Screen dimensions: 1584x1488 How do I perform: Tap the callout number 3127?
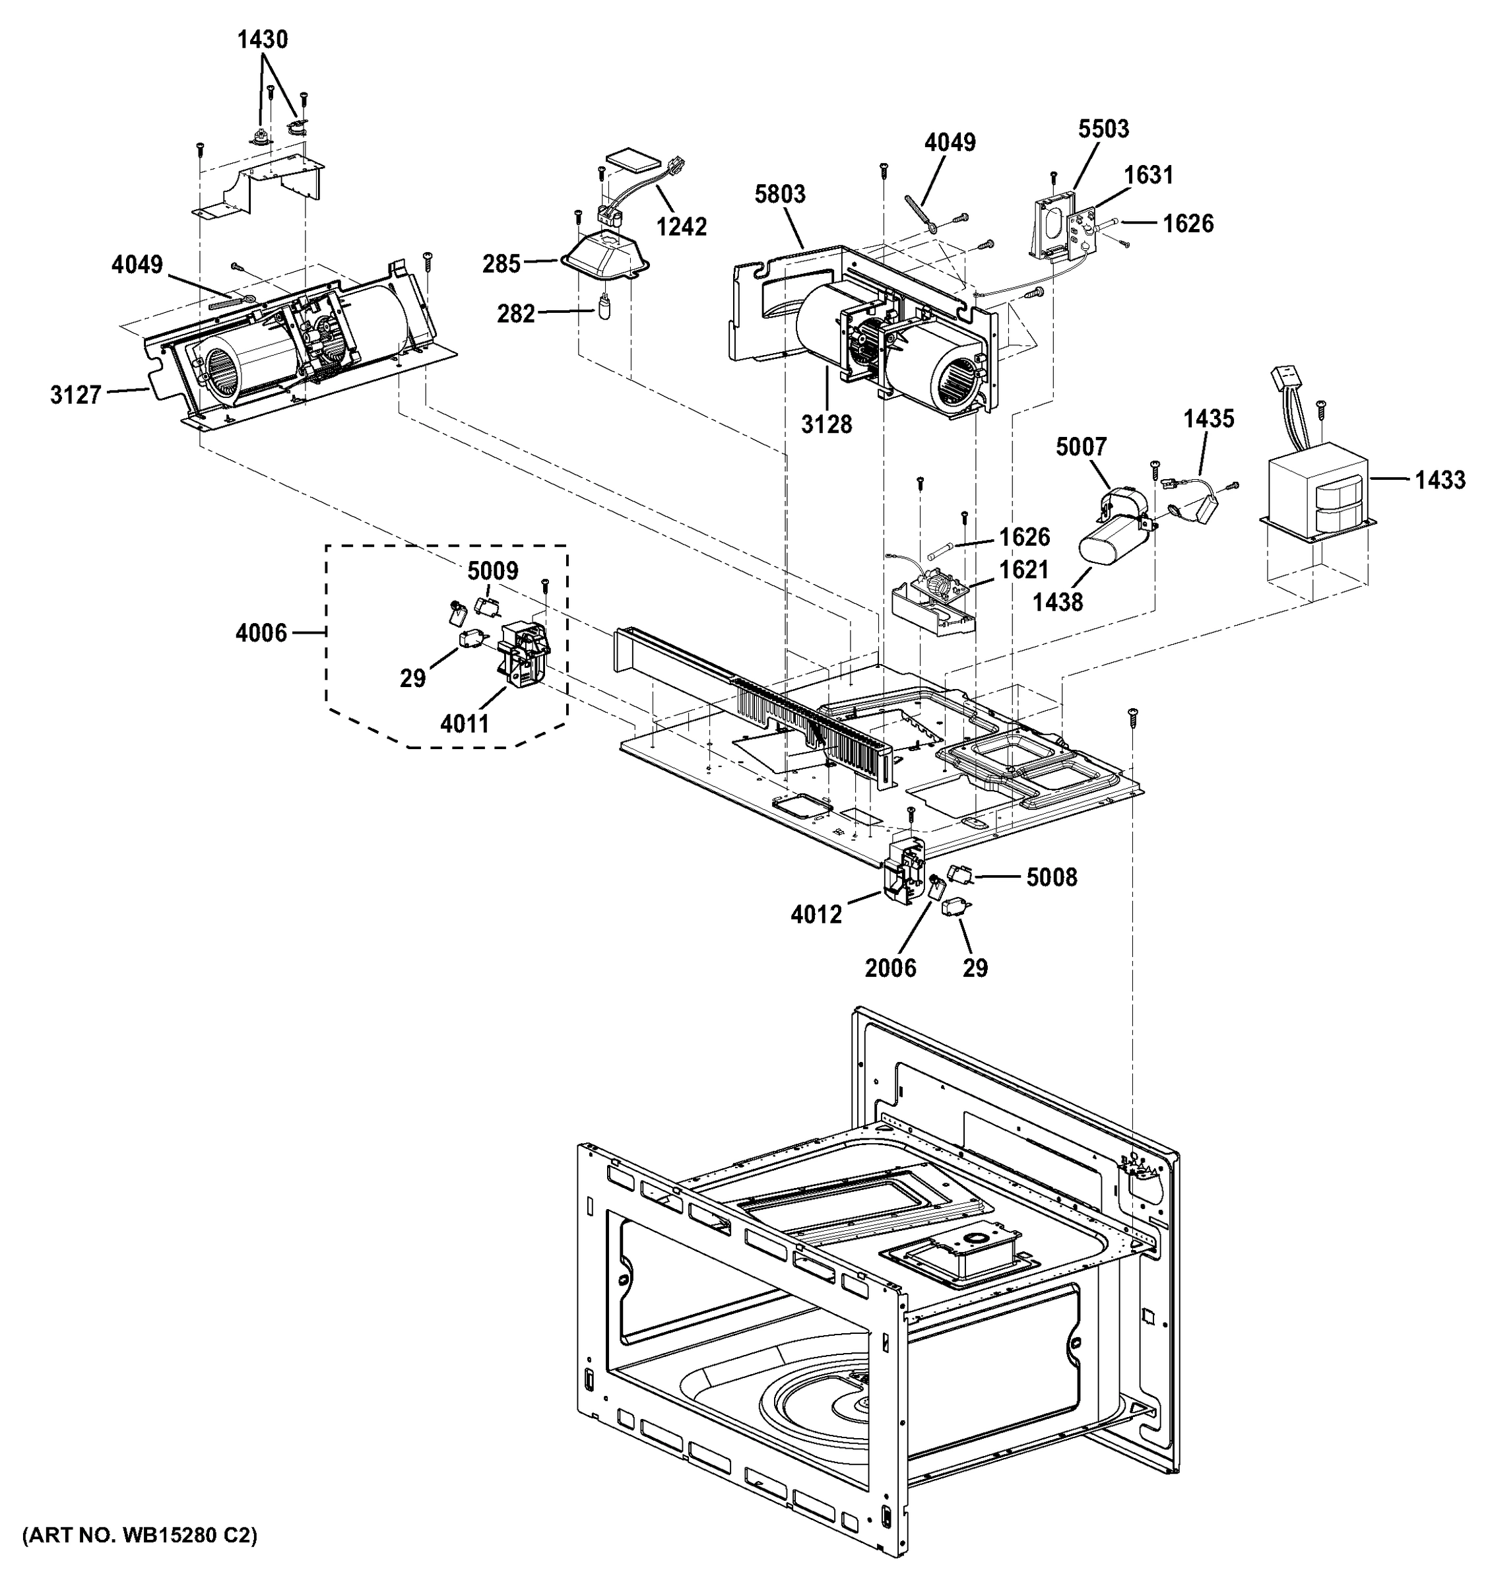coord(76,395)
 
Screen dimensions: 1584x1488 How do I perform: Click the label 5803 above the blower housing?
coord(781,193)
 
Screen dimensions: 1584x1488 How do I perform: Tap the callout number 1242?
coord(681,227)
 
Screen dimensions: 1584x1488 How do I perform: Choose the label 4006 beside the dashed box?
coord(261,634)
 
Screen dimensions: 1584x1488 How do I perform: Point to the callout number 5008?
coord(1051,877)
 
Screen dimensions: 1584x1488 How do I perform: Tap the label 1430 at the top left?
coord(262,39)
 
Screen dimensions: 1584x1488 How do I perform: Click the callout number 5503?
coord(1103,128)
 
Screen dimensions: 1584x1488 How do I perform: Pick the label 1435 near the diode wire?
coord(1208,418)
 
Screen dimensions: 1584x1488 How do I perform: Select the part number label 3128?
coord(826,424)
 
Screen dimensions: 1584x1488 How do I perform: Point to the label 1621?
coord(1023,570)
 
